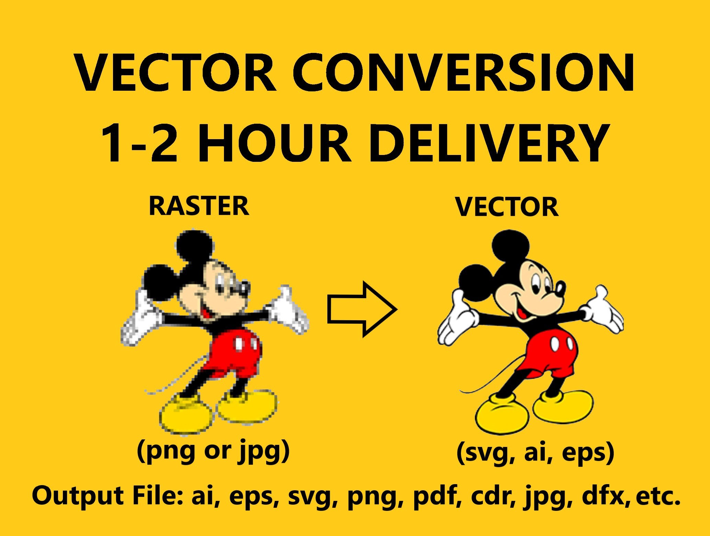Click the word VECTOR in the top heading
click(176, 72)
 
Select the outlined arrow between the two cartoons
click(362, 309)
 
